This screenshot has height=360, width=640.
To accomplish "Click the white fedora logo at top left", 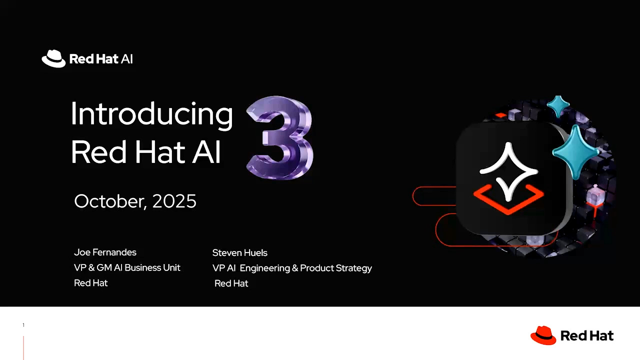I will tap(53, 58).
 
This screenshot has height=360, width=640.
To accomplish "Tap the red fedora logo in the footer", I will tap(543, 335).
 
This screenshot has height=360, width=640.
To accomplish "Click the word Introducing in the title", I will tap(151, 114).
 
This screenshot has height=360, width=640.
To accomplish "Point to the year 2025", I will tap(174, 201).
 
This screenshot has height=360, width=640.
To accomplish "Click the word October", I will tap(110, 201).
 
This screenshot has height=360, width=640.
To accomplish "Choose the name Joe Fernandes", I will tap(105, 252).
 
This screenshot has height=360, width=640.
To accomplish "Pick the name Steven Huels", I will tap(239, 252).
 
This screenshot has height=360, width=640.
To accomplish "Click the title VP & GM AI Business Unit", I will tap(127, 267).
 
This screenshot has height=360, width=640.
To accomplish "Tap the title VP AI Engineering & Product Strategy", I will tap(292, 268).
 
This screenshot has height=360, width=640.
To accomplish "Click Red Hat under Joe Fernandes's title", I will tap(90, 283).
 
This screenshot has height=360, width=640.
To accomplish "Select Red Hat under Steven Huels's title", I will tap(231, 283).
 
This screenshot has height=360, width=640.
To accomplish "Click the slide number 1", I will tap(23, 325).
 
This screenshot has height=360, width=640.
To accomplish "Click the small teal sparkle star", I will tap(558, 106).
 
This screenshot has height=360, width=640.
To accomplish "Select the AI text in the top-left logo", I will tap(126, 59).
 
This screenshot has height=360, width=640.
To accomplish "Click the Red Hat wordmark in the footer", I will tap(587, 335).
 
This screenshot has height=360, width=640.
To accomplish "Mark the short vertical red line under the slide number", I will tap(23, 347).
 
